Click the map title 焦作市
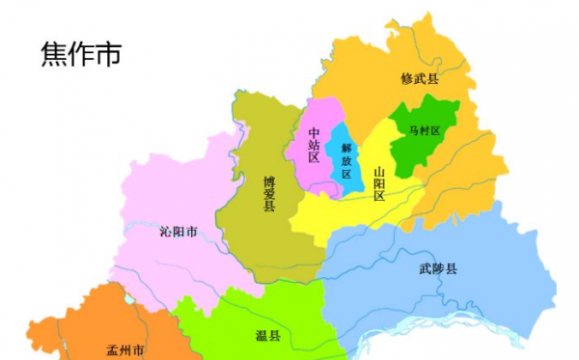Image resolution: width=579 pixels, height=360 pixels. [x=81, y=55]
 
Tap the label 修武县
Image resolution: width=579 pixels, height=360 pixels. [x=419, y=79]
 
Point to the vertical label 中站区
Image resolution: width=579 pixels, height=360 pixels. [x=314, y=144]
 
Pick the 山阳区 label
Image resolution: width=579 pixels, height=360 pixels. [x=379, y=182]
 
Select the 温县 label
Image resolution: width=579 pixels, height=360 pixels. [x=267, y=335]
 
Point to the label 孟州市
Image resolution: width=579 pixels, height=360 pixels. [x=125, y=348]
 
